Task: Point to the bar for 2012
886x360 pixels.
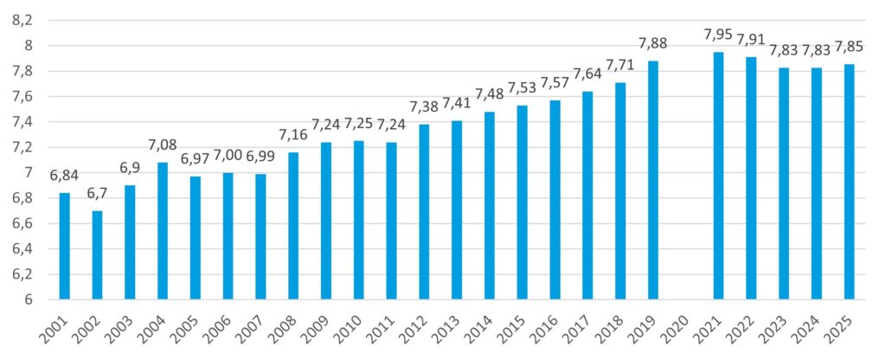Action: (x=424, y=212)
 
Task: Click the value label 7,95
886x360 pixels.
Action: (x=718, y=35)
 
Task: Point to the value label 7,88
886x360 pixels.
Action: (x=653, y=44)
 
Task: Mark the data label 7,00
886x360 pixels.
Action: (x=228, y=157)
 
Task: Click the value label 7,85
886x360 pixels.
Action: (x=849, y=48)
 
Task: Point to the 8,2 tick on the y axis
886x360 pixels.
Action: (x=23, y=20)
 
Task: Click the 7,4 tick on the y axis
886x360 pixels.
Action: (x=23, y=122)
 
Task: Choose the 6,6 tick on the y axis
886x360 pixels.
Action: (x=23, y=223)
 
